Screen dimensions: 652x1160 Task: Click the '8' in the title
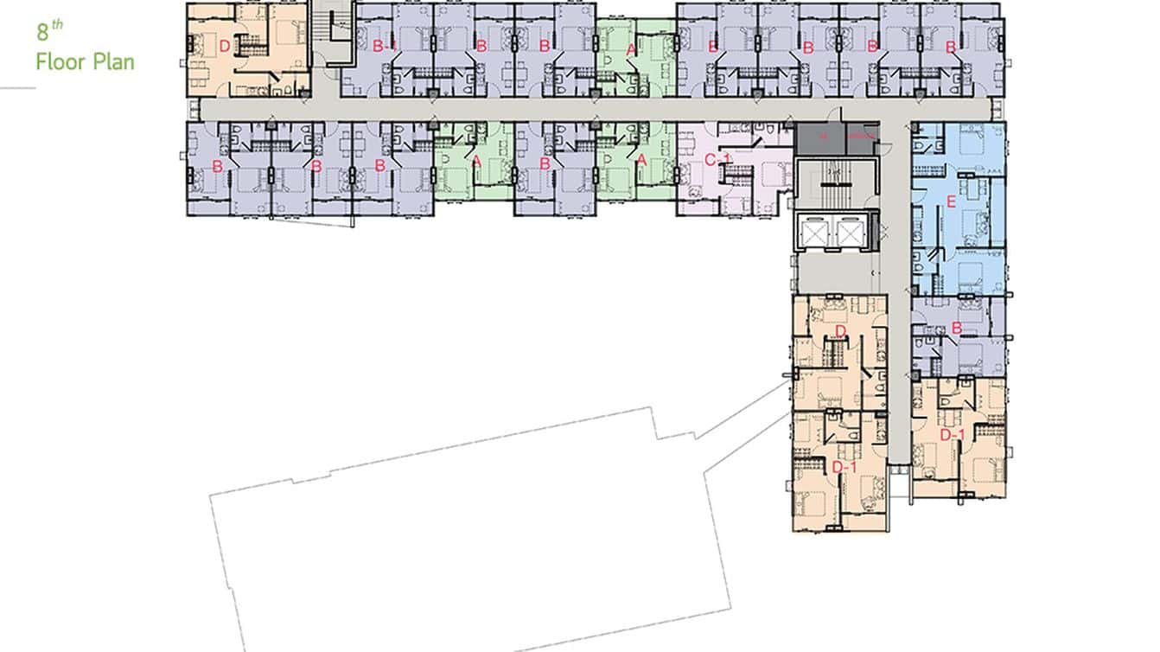click(41, 34)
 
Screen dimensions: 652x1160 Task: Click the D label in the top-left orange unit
click(224, 47)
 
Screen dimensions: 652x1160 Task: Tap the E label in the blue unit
click(952, 204)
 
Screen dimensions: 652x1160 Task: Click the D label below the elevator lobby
click(840, 332)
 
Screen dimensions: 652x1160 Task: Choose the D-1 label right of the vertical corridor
click(951, 434)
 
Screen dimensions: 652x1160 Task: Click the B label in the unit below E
click(957, 329)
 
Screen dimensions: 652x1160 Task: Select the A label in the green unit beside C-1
click(641, 160)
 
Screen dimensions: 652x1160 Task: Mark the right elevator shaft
click(851, 231)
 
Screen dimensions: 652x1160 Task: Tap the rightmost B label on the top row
click(950, 48)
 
